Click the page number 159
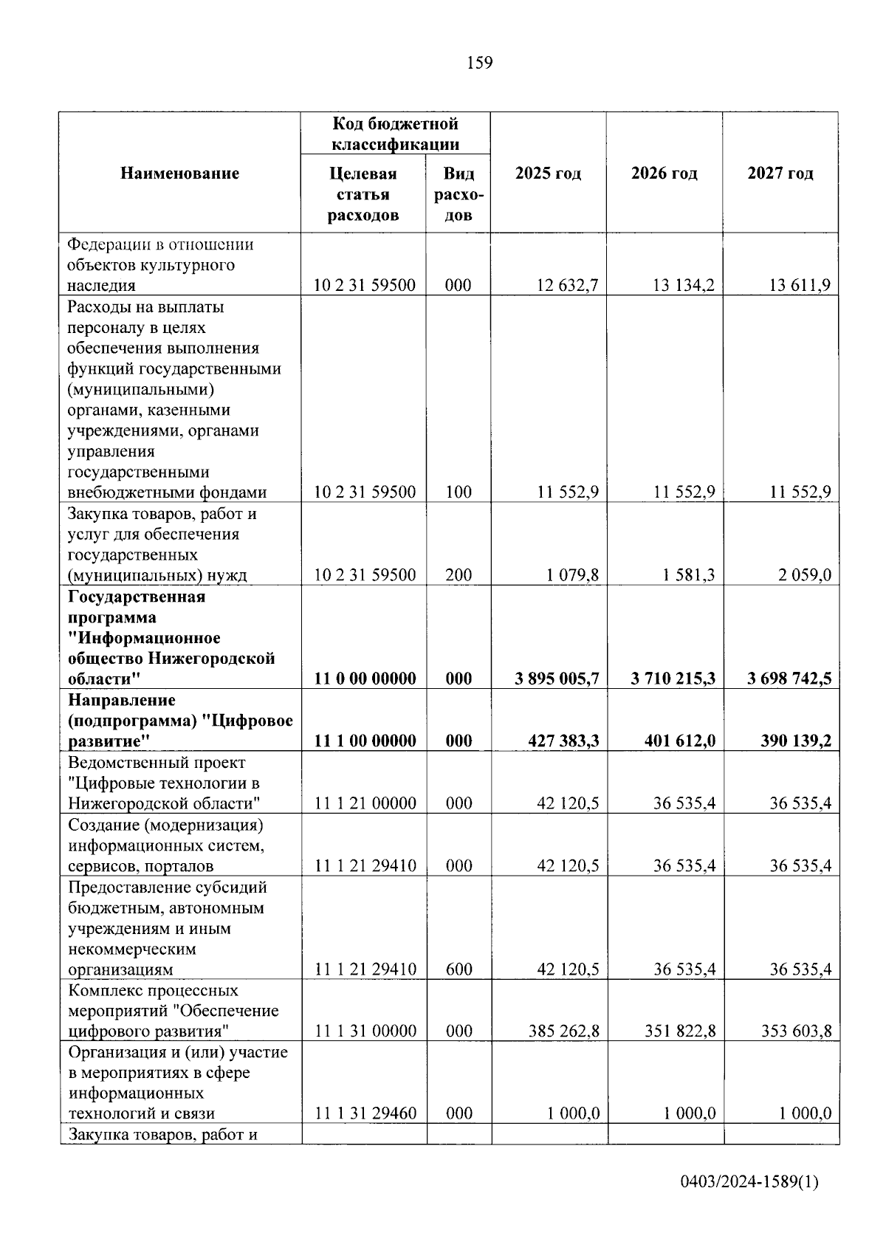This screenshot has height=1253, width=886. pos(479,63)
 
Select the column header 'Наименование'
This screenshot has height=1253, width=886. pos(179,174)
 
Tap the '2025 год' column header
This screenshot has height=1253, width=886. pos(548,174)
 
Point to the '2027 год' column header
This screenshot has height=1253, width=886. pos(780,174)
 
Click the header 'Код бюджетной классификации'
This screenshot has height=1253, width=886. pos(395,134)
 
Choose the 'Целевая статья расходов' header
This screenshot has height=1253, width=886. pos(363,194)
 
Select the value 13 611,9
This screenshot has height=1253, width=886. pos(800,286)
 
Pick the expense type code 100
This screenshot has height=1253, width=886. pos(459,492)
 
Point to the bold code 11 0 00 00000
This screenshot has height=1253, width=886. pos(365,679)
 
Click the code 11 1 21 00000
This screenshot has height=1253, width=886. pos(365,803)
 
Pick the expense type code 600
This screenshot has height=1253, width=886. pos(459,969)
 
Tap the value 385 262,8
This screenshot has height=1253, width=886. pos(563,1031)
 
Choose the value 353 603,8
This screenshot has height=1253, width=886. pos(796,1031)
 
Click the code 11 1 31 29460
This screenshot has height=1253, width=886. pos(365,1113)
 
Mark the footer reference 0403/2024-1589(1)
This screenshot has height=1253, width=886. pos(749,1182)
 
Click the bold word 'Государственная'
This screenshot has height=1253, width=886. pos(137,597)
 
